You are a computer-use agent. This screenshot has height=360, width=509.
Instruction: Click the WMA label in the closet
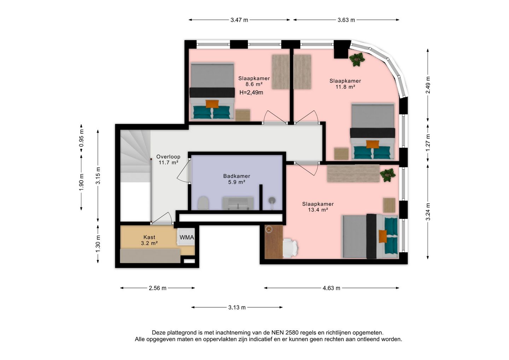tap(187, 237)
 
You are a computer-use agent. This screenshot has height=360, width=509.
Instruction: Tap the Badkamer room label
tap(236, 176)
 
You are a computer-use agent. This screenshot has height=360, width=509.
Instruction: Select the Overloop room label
tap(168, 157)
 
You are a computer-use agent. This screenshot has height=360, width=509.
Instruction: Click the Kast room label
tap(149, 237)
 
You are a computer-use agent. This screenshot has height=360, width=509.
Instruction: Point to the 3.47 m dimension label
tap(239, 20)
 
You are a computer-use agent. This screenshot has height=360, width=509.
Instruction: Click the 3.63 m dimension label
tap(346, 20)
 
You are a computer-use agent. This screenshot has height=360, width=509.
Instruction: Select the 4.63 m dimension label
tap(331, 288)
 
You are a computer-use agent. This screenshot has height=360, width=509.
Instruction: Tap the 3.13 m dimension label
tap(237, 308)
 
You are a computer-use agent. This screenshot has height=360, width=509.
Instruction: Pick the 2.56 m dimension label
tap(158, 288)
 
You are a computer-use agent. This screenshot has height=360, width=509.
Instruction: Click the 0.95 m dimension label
tap(81, 138)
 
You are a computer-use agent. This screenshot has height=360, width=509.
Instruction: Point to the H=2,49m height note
tap(251, 93)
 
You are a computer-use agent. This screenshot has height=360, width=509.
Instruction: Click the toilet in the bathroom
tap(203, 203)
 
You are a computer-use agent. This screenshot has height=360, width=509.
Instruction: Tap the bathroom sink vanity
tap(238, 203)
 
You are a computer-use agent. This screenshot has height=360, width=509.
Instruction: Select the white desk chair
tap(290, 248)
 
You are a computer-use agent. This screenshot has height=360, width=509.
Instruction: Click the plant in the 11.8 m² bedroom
tap(357, 59)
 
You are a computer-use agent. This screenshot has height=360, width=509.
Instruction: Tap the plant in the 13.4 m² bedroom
tap(388, 175)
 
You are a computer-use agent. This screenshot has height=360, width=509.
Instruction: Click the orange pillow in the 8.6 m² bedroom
tap(212, 104)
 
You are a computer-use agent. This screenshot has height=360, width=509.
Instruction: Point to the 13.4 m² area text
tap(318, 210)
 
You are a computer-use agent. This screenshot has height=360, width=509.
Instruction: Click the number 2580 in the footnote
tap(292, 332)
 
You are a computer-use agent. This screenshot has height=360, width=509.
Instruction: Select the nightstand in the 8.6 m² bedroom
tap(243, 115)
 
